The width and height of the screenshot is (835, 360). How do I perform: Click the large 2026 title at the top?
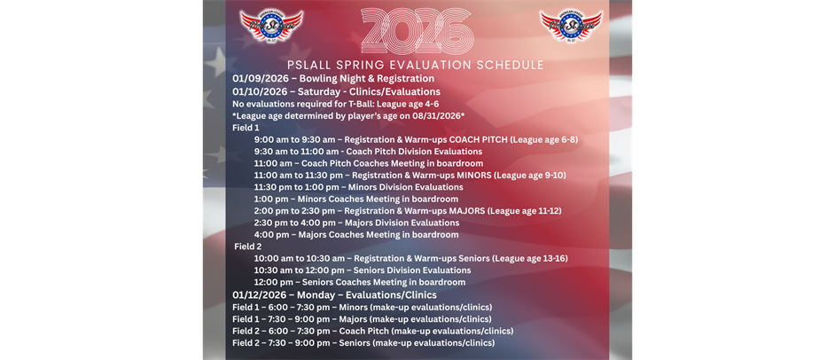pos(417,31)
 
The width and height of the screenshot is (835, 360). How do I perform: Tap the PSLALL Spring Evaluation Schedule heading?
pos(416,65)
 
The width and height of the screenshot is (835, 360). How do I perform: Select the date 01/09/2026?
pos(261,78)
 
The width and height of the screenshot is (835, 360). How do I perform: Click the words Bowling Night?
pos(332,78)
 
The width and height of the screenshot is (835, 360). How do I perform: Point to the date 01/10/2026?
pos(261,91)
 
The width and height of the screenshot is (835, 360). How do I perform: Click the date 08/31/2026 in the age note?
pos(432,115)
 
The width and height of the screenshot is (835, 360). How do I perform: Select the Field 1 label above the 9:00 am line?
pos(246,127)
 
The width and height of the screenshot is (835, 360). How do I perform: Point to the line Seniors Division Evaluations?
pos(362,270)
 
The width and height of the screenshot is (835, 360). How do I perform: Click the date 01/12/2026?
pos(261,294)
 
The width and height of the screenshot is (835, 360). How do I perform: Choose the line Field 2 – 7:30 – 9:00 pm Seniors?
pos(363,342)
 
